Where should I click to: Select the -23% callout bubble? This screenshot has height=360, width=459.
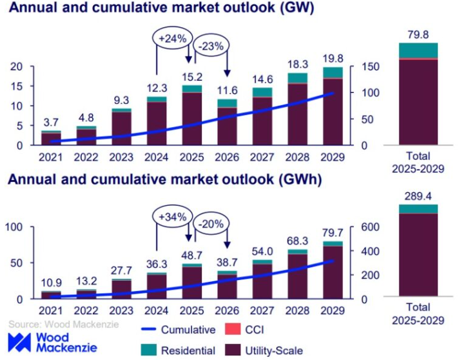pos(210,47)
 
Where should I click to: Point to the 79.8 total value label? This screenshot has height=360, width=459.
pos(417,32)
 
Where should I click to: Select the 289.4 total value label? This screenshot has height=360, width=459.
pos(417,194)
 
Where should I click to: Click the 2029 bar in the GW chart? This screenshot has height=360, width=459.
pos(333,110)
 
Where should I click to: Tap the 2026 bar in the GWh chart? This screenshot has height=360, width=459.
pos(227,286)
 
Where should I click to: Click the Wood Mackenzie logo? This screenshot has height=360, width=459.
pos(52,343)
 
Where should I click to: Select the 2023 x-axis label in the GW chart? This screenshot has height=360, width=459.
pos(121,155)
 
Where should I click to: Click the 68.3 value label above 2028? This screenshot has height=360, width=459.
pos(297,242)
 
